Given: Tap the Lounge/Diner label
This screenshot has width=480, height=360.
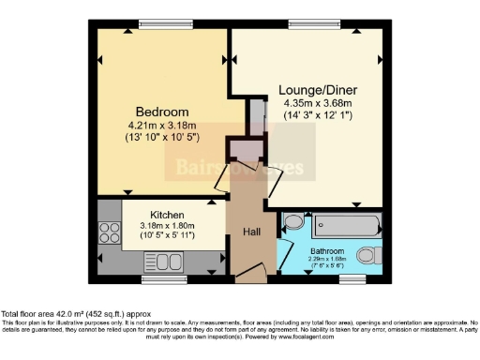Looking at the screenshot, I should click(x=318, y=91).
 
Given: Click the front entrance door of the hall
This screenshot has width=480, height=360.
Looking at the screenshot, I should click(x=249, y=275).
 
